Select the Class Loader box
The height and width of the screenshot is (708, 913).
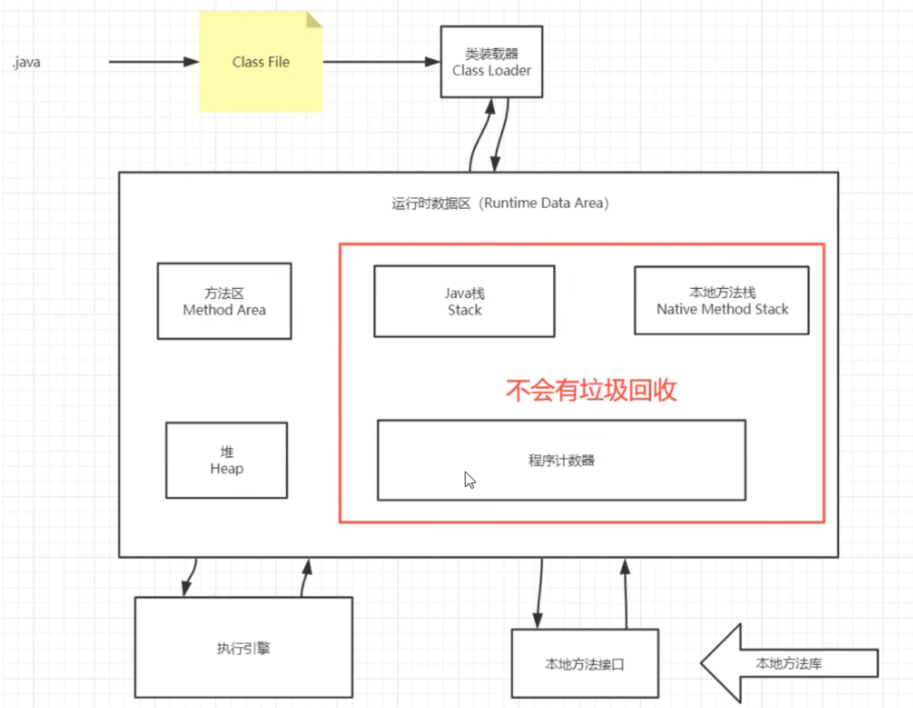click(491, 62)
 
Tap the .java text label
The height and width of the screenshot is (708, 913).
click(26, 62)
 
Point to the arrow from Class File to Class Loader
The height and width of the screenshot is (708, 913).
click(381, 62)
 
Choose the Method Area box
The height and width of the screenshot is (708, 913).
click(224, 301)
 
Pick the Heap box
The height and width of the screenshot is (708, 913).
click(226, 460)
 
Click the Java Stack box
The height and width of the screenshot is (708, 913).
click(464, 301)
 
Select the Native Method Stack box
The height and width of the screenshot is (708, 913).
click(722, 300)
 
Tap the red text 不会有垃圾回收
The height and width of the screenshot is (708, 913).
click(591, 390)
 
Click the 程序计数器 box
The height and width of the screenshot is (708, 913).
click(561, 460)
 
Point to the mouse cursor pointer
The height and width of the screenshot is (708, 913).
click(469, 479)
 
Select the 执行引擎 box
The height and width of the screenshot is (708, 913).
click(243, 648)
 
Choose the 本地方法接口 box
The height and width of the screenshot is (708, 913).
click(584, 664)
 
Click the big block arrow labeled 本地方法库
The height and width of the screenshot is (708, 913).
click(788, 663)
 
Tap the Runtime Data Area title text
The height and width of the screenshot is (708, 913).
click(500, 203)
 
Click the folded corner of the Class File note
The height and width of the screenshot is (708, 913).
click(314, 19)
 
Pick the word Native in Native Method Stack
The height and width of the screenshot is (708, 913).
click(677, 309)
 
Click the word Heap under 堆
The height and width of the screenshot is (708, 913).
click(227, 469)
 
